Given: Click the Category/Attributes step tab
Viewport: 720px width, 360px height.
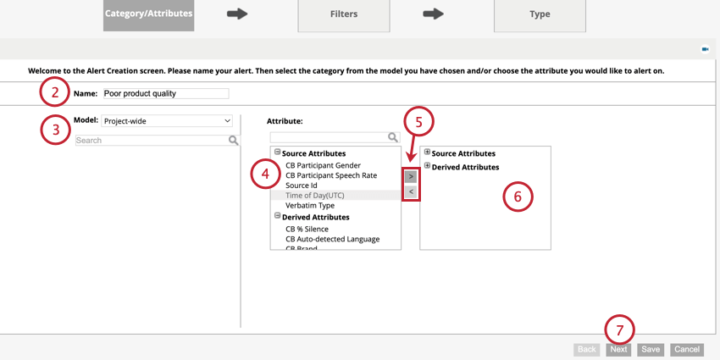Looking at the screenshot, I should [x=148, y=14].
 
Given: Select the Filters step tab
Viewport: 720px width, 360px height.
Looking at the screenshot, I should [x=343, y=14].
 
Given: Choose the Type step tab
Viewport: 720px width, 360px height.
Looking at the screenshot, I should [x=540, y=14].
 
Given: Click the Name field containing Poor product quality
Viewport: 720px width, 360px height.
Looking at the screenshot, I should [x=165, y=94].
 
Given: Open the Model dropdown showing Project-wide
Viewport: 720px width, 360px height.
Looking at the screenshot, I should [x=167, y=121].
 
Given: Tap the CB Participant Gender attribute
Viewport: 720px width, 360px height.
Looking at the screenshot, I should [x=323, y=165].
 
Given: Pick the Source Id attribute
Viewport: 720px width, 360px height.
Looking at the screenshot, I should [x=302, y=186].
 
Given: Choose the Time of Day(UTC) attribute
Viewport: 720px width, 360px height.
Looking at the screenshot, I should [x=315, y=196].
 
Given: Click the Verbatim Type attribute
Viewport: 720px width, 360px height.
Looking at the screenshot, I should [x=310, y=206].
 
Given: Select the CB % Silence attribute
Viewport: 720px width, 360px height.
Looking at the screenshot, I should [x=307, y=229].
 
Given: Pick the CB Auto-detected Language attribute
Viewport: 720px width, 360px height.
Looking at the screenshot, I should [x=332, y=239].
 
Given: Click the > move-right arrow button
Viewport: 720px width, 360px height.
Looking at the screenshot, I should [x=411, y=176].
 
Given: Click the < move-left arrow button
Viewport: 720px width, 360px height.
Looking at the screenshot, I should [x=411, y=192].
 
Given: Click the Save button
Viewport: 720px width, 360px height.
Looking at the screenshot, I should [x=651, y=349].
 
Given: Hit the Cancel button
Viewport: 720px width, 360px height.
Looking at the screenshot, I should [x=687, y=349].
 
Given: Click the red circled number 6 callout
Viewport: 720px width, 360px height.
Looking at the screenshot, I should [x=518, y=197].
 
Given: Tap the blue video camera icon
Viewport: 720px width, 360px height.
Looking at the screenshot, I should [x=705, y=49].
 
